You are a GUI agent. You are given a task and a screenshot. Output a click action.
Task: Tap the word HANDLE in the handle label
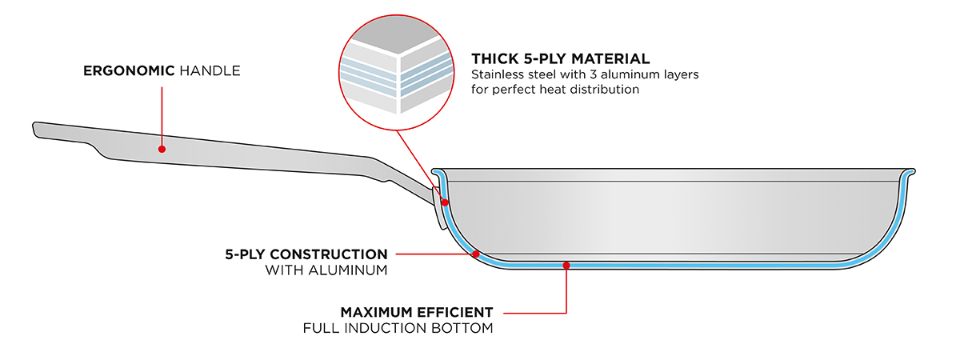pyautogui.click(x=210, y=71)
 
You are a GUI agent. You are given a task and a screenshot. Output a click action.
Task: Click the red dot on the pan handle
pyautogui.click(x=162, y=148)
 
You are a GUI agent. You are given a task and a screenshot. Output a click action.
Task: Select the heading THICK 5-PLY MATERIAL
pyautogui.click(x=560, y=58)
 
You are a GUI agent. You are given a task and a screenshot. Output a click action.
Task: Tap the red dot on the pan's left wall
pyautogui.click(x=444, y=202)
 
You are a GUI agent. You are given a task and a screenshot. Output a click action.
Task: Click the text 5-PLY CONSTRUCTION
pyautogui.click(x=306, y=254)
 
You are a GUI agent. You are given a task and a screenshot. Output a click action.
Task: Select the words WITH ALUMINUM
pyautogui.click(x=326, y=270)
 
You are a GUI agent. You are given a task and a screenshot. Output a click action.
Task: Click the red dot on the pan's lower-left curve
pyautogui.click(x=476, y=254)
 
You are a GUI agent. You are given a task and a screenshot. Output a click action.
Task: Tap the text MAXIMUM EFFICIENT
pyautogui.click(x=416, y=311)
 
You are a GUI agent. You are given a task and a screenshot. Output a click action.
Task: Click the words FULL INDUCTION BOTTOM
pyautogui.click(x=398, y=328)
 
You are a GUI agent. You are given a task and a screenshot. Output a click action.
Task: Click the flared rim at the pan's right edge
pyautogui.click(x=910, y=173)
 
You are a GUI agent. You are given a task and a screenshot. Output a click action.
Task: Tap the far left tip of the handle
pyautogui.click(x=36, y=129)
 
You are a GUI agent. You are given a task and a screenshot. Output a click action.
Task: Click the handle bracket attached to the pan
pyautogui.click(x=437, y=206)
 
